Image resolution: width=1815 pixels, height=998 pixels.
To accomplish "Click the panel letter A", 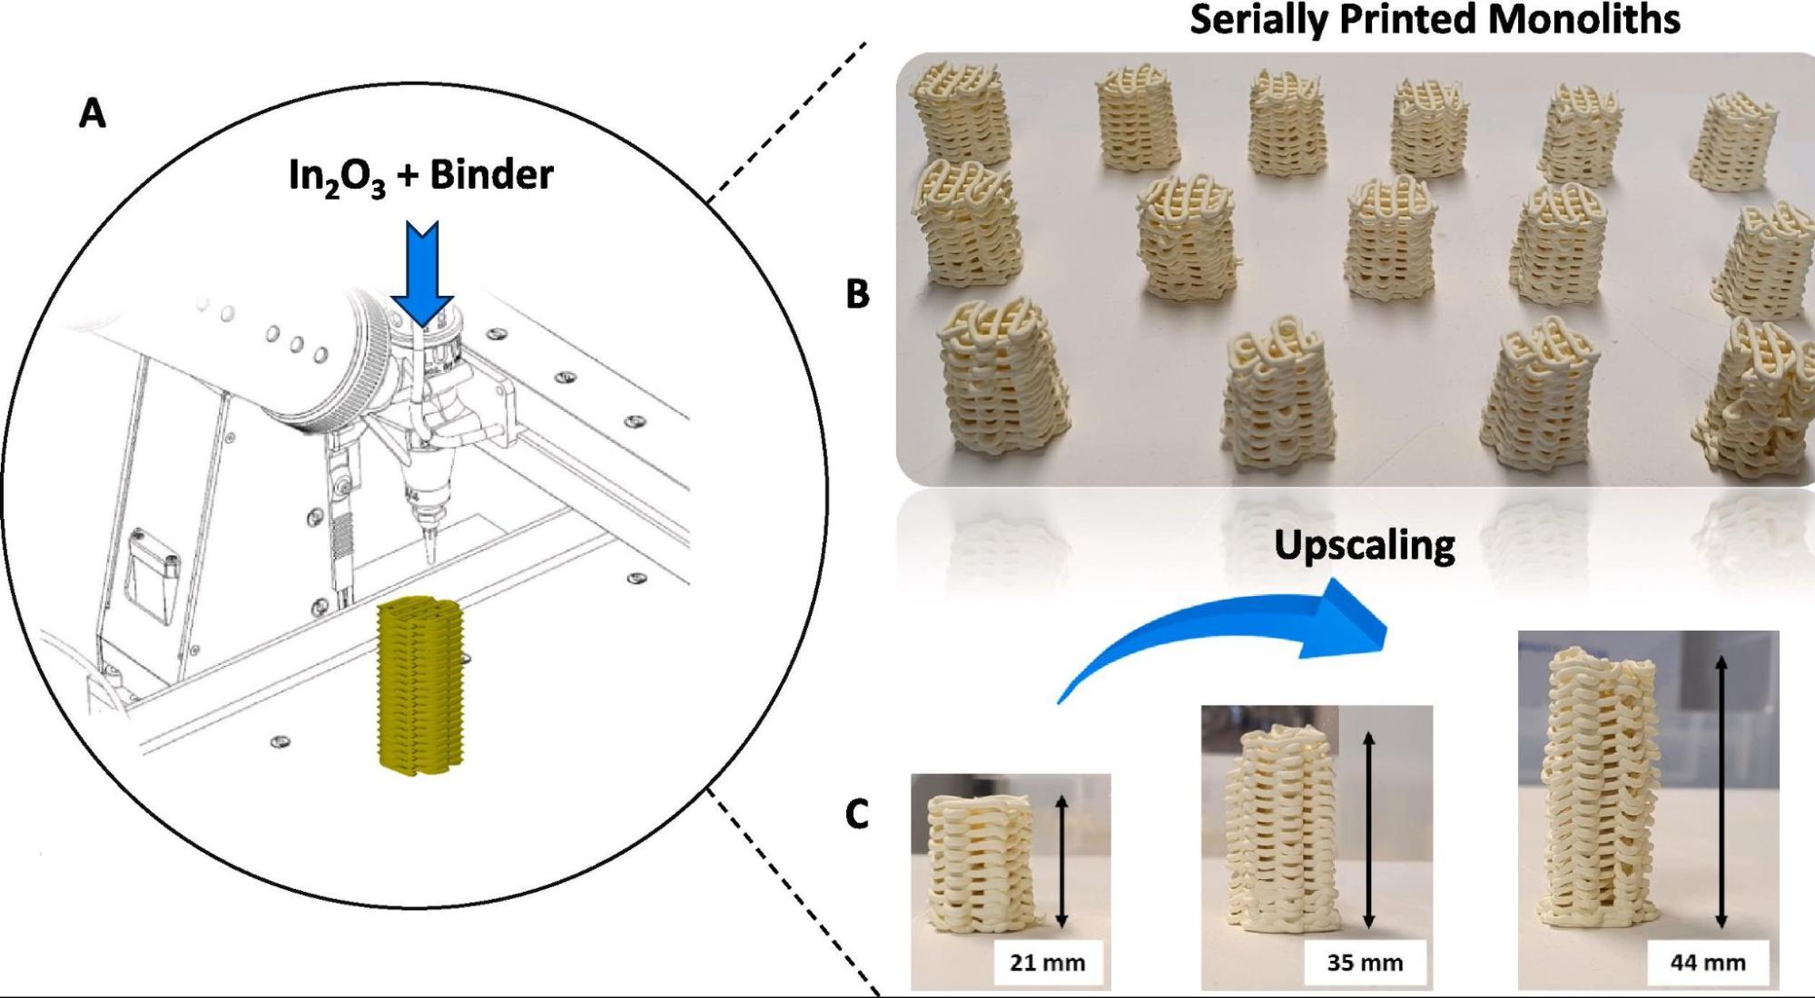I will [x=93, y=115].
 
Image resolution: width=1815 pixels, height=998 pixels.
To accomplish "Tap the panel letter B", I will [x=857, y=295].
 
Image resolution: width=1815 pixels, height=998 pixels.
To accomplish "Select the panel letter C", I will [x=856, y=814].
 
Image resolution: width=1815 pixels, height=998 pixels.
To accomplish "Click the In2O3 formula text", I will [x=336, y=176].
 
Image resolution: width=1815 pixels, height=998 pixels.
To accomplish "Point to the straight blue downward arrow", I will [x=422, y=273].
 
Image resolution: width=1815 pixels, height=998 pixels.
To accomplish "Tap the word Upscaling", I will [x=1364, y=545].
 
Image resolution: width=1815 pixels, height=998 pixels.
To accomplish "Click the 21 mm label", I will [x=1047, y=963].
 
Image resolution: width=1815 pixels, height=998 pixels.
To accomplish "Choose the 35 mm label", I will [x=1365, y=963].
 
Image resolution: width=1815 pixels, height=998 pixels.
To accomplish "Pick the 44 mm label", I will [x=1708, y=963].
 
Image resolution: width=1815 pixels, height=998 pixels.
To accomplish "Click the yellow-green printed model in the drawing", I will [x=420, y=685].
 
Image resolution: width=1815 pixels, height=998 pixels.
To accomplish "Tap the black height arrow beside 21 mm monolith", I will [x=1061, y=861].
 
